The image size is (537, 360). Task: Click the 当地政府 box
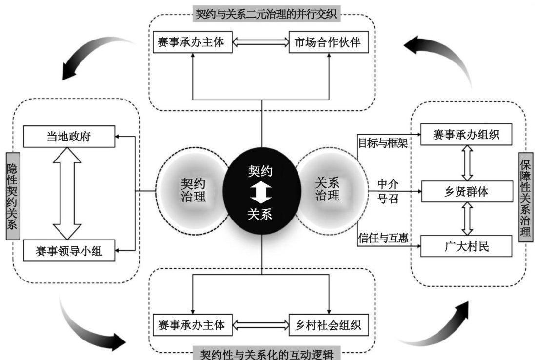coord(69,137)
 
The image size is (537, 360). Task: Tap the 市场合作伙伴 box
coord(327,42)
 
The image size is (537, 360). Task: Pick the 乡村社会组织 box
coord(327,325)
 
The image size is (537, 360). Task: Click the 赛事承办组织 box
coord(466,135)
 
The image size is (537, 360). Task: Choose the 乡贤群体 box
coord(466,192)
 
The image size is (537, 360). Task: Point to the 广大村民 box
coord(466,246)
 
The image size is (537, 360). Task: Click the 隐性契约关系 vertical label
coord(12,196)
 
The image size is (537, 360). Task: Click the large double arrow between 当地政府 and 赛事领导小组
coord(67,194)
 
